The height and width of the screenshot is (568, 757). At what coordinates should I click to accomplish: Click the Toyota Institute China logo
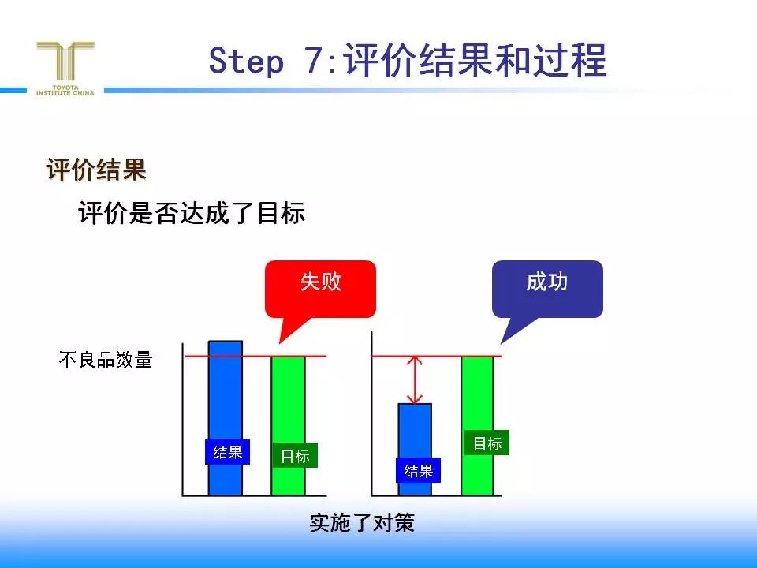tap(65, 69)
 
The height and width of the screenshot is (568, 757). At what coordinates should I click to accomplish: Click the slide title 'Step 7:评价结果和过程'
tap(408, 61)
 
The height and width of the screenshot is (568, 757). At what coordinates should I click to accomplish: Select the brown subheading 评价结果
tap(96, 170)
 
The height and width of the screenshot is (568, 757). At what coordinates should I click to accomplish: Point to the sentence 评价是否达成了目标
tap(192, 212)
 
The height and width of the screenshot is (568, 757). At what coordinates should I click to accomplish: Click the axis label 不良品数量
tap(106, 360)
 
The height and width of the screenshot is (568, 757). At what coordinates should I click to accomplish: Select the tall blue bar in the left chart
tap(225, 418)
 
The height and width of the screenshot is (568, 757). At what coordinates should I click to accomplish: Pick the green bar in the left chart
tap(289, 425)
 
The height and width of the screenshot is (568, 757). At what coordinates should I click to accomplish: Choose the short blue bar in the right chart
tap(415, 449)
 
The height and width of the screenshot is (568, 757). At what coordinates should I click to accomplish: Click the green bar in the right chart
tap(478, 425)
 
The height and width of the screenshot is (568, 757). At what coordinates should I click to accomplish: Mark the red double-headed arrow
tap(415, 380)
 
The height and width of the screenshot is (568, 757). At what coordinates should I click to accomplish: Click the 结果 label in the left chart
tap(227, 452)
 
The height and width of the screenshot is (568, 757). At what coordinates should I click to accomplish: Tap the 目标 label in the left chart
tap(295, 455)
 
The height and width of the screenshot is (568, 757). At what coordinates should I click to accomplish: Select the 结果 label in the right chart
tap(418, 470)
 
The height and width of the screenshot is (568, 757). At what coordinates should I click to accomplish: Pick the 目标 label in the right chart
tap(487, 443)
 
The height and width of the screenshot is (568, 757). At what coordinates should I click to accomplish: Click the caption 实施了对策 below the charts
tap(362, 523)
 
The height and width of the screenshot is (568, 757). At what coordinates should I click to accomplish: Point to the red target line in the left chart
tap(255, 357)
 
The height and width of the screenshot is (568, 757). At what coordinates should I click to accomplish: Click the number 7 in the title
tap(315, 61)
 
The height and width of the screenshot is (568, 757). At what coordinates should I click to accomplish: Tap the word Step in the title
tap(246, 62)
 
